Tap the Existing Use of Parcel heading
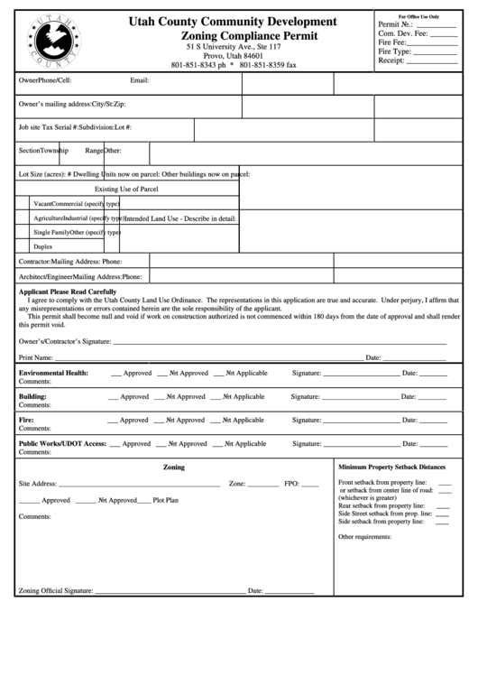[x=126, y=189]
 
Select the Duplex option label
[x=42, y=245]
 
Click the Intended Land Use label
[x=180, y=218]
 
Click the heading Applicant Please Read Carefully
[x=68, y=292]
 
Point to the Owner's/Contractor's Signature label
[x=64, y=342]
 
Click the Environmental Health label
[x=53, y=373]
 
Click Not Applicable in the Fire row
[x=244, y=420]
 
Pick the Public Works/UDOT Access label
[x=63, y=443]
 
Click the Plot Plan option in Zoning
[x=165, y=499]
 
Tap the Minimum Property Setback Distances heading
[x=391, y=467]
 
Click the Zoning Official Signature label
[x=54, y=590]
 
